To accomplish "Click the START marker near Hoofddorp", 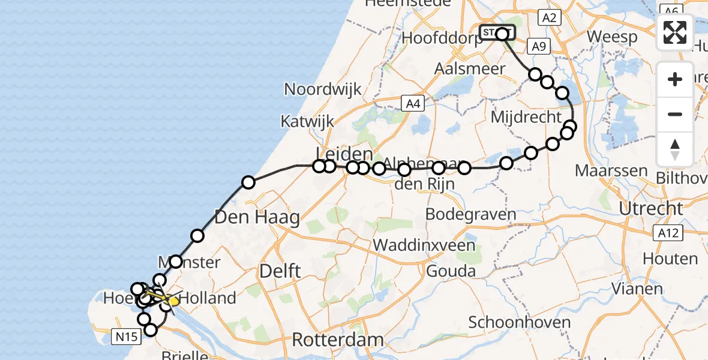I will coord(497,32).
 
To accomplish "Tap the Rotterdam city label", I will coord(337,340).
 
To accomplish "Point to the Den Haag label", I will coord(257,218).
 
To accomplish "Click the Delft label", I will coord(280,271).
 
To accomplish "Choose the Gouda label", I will coord(451,271).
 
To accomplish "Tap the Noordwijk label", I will coord(323,89).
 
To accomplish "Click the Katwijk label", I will coord(307,121).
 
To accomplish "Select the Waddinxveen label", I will coord(424,245).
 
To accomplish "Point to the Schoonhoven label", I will coord(519,323).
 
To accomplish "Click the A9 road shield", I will coord(537,46).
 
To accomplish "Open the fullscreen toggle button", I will coord(675,32).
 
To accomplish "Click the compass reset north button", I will coord(675,149).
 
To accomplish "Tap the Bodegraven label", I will coord(471,214).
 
